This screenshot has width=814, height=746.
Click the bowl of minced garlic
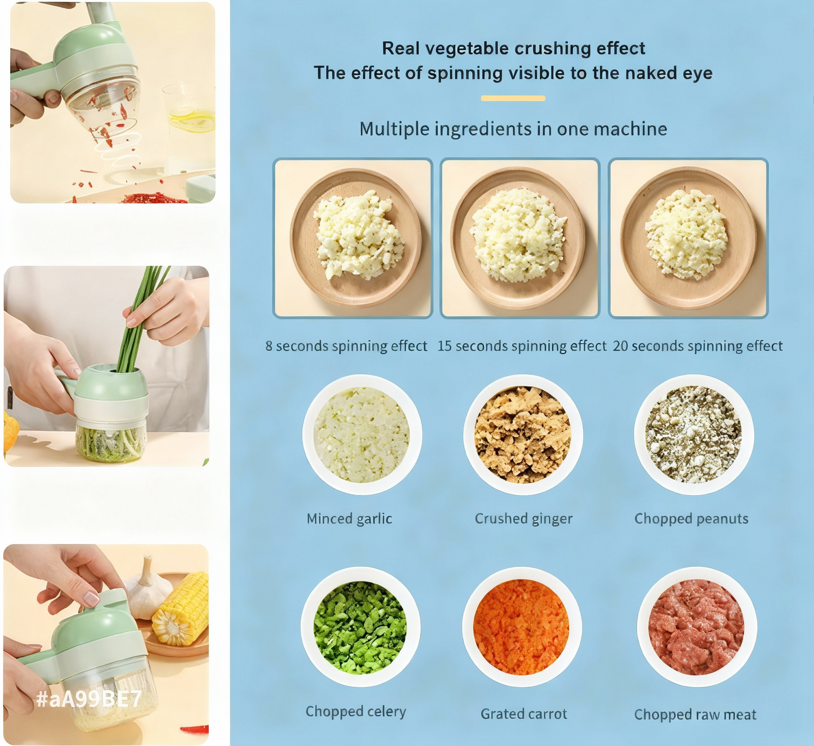pos(362,435)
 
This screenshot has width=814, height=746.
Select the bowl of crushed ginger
pos(523,435)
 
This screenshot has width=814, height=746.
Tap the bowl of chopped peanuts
pos(694,435)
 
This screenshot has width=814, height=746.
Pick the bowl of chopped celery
pos(361,627)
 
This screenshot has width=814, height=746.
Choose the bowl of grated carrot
pos(522,627)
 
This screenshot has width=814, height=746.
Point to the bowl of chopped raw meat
pos(697,627)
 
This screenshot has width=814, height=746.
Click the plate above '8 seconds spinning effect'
pos(355,238)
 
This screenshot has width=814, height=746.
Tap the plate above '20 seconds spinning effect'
pos(688,238)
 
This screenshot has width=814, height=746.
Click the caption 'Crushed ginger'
pos(523,519)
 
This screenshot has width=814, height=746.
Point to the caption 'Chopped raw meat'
pos(695,714)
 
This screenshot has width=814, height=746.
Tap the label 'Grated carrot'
pos(523,714)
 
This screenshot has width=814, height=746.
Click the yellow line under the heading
pos(513,99)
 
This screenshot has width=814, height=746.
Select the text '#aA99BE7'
pos(89,699)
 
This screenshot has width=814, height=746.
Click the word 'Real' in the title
pos(401,48)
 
